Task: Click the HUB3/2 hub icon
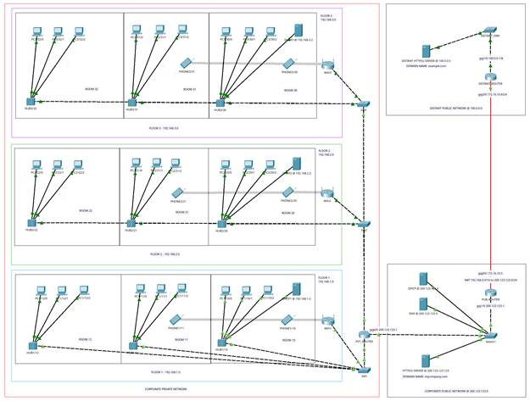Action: tap(32, 101)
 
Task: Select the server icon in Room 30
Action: tap(298, 31)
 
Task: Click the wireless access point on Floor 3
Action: tap(328, 65)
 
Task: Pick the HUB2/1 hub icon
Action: tap(131, 224)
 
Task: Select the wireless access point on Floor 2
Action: tap(327, 194)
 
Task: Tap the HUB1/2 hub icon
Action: tap(32, 344)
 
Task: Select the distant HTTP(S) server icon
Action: tap(426, 52)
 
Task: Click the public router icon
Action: tap(490, 292)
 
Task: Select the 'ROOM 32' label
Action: tap(92, 88)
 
